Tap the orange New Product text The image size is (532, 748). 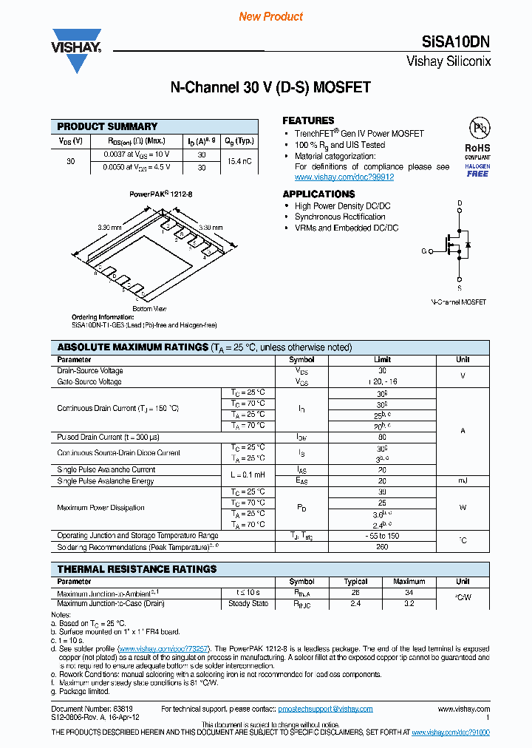pyautogui.click(x=270, y=16)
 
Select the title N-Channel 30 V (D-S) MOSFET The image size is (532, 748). pyautogui.click(x=270, y=88)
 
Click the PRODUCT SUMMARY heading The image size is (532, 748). pyautogui.click(x=107, y=126)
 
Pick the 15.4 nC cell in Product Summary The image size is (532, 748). pyautogui.click(x=239, y=160)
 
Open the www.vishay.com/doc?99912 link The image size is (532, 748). pyautogui.click(x=344, y=177)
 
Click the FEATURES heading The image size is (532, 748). pyautogui.click(x=308, y=120)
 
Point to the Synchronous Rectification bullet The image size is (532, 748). pyautogui.click(x=340, y=217)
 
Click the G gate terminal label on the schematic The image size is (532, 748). pyautogui.click(x=424, y=251)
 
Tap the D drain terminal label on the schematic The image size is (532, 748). pyautogui.click(x=460, y=203)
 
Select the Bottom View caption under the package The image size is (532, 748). pyautogui.click(x=149, y=308)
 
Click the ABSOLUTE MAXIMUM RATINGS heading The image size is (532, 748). pyautogui.click(x=133, y=347)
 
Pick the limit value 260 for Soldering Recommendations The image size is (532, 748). pyautogui.click(x=382, y=548)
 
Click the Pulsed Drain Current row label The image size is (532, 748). pyautogui.click(x=108, y=437)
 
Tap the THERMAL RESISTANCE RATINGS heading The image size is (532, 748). pyautogui.click(x=137, y=569)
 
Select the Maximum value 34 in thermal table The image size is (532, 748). pyautogui.click(x=409, y=593)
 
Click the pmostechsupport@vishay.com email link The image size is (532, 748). pyautogui.click(x=325, y=709)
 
